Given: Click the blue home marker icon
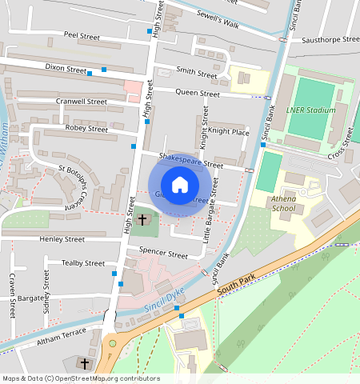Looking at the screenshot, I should tap(180, 184).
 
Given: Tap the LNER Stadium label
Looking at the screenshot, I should tap(310, 110).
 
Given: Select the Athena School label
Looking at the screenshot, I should tap(283, 204).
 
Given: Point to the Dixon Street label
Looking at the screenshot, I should tap(66, 69).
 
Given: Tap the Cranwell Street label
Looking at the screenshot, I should tap(82, 102).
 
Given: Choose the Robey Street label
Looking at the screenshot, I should tap(86, 128).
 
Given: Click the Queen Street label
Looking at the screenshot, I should tap(198, 94).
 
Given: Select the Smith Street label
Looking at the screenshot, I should tap(196, 74).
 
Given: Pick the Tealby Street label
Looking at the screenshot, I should tap(83, 262).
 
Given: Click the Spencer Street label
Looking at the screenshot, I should tap(163, 253).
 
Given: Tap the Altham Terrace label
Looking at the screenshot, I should tap(61, 337).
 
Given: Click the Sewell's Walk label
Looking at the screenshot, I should tap(218, 19).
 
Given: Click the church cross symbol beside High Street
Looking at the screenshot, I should tap(142, 218).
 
